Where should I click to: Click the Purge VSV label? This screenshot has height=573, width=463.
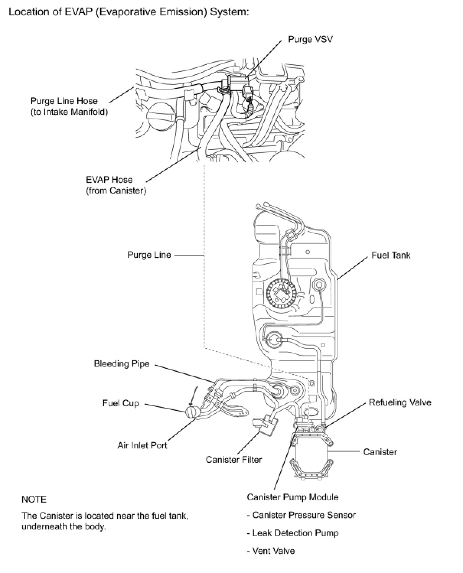(310, 39)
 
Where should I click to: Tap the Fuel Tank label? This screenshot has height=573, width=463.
(391, 255)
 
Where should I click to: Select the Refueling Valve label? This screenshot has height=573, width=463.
(400, 402)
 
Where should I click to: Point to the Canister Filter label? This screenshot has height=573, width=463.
(233, 459)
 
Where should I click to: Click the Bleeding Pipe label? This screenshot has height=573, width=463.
(122, 364)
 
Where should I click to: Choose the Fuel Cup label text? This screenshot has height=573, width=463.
(121, 404)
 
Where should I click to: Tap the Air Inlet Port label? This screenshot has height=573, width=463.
(142, 446)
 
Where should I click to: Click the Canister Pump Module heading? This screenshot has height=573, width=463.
(293, 497)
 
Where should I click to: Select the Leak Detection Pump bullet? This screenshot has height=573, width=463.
(295, 533)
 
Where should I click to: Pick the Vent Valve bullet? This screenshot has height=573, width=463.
(274, 551)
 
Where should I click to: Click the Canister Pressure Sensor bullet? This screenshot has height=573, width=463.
(304, 515)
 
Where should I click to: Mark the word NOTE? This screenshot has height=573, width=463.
(34, 500)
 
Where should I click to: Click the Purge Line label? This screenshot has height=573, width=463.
(149, 255)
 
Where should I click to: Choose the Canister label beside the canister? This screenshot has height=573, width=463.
(380, 452)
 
